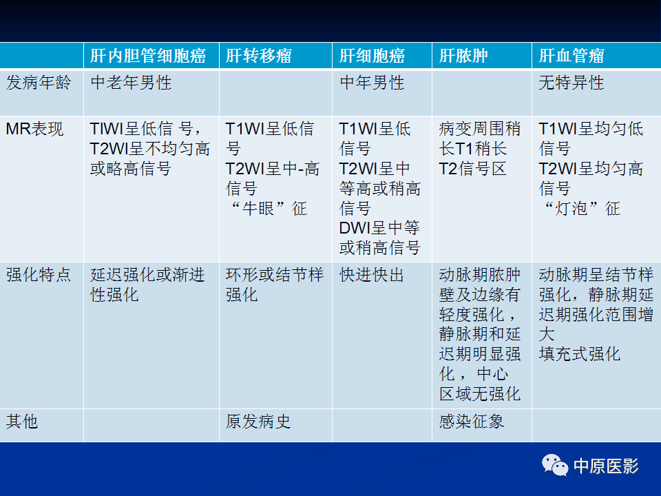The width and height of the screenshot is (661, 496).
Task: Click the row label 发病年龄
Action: coord(39,83)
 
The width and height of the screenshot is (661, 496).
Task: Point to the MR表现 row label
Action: coord(34,129)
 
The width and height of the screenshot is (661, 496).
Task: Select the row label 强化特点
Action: coord(39,276)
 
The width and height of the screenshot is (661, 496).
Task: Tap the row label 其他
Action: coord(22,421)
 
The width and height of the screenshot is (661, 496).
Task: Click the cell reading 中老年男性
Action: coord(131,83)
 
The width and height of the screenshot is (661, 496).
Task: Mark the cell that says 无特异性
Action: coord(571,83)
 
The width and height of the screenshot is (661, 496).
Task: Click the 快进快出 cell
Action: coord(372,276)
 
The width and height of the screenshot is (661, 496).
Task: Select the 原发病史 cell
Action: coord(258,421)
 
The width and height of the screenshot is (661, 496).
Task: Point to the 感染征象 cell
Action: coord(472,421)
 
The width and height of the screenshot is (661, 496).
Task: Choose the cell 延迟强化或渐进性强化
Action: coord(147,285)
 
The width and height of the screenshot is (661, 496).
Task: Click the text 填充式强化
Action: coord(580,354)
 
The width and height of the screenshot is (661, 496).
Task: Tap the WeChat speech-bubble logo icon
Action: coord(555,466)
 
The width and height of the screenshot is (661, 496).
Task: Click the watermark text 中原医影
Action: coord(606,466)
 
